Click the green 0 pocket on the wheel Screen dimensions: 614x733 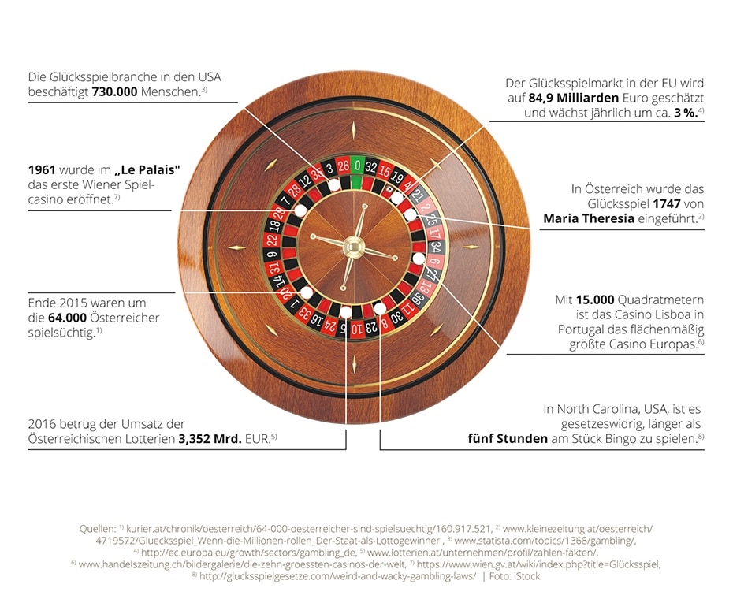(358, 166)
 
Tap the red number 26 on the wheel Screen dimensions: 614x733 (343, 167)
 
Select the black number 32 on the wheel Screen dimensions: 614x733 (372, 167)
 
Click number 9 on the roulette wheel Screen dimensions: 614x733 (271, 254)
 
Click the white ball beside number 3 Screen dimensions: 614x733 (334, 184)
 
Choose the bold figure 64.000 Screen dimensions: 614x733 (69, 318)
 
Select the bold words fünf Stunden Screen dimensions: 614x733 (508, 438)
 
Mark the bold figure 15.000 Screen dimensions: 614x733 (604, 300)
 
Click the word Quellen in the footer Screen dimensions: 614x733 (99, 527)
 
